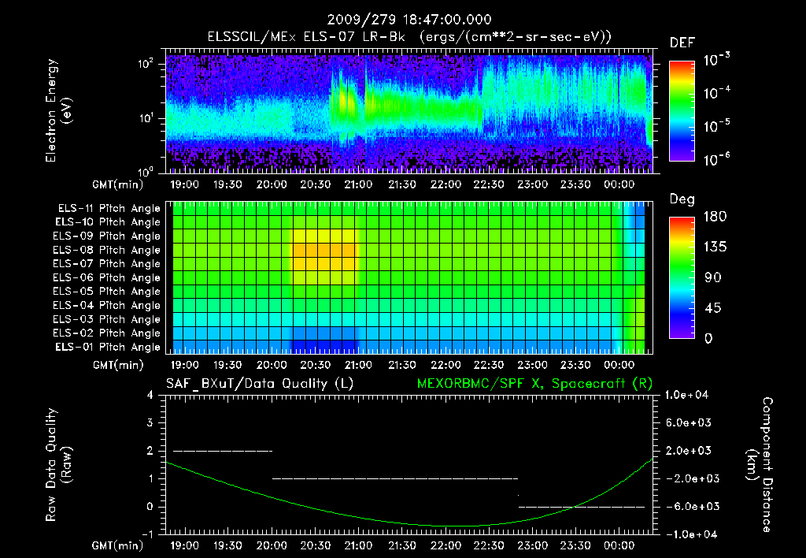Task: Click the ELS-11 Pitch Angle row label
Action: point(107,209)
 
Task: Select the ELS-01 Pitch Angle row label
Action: point(107,348)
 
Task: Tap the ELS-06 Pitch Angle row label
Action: point(107,278)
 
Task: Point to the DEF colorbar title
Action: point(682,43)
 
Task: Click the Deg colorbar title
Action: point(682,199)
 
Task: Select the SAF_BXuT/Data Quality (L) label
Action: point(259,384)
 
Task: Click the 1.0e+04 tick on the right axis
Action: point(688,395)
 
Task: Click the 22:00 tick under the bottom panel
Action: point(446,545)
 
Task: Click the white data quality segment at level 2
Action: point(223,451)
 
